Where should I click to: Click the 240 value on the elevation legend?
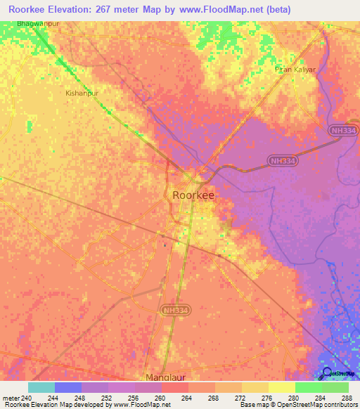pos(27,398)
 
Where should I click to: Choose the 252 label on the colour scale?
pos(108,398)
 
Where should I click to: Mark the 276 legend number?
pos(268,398)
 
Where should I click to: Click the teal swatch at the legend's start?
pos(41,387)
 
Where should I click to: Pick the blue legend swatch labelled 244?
pos(67,387)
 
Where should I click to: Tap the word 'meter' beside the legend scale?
pos(11,398)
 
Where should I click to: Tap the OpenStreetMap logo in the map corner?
pos(327,373)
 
